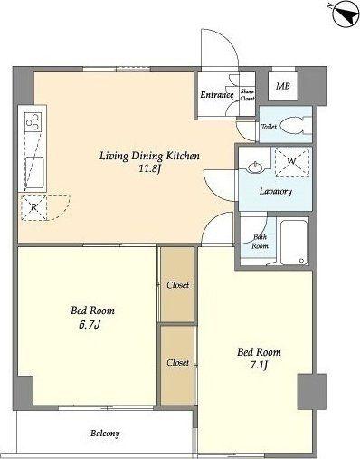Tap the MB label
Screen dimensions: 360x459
283,86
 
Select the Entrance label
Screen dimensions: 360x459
217,95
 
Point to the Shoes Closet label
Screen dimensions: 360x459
247,95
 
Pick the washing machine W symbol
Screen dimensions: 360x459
292,161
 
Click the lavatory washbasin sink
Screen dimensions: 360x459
256,167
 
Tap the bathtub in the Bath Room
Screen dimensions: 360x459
294,243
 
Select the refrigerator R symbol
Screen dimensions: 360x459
34,207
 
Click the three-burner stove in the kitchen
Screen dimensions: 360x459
33,121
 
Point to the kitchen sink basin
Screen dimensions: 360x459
34,173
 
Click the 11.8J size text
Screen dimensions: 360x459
150,168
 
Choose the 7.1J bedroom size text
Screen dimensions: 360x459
260,366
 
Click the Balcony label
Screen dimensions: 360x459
105,434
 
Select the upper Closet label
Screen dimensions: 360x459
178,285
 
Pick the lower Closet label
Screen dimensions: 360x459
178,362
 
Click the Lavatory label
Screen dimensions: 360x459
276,191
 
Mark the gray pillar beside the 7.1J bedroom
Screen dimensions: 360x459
312,392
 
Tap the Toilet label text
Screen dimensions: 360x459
269,127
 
